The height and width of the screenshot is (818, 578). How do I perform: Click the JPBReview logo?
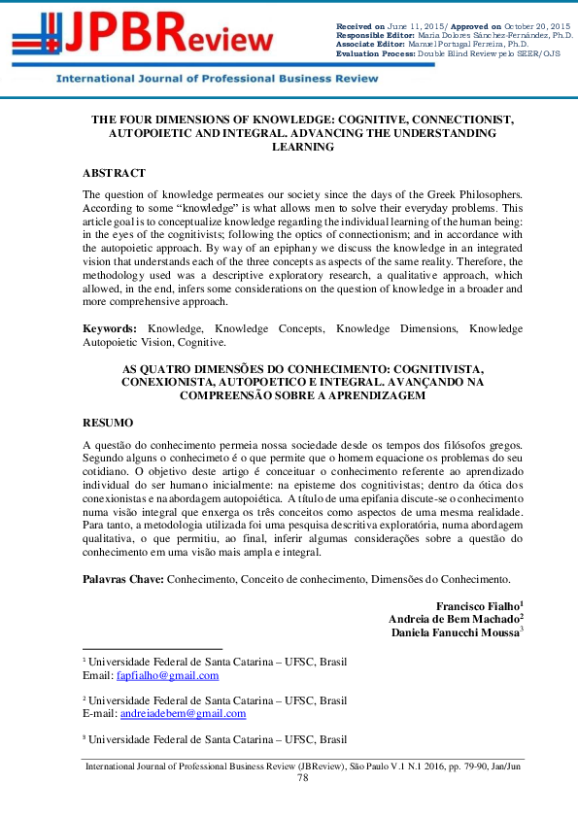146,37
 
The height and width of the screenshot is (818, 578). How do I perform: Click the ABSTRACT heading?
114,173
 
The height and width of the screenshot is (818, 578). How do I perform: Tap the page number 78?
302,777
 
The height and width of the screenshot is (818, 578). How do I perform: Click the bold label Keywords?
109,329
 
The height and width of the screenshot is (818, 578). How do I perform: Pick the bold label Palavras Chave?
123,579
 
